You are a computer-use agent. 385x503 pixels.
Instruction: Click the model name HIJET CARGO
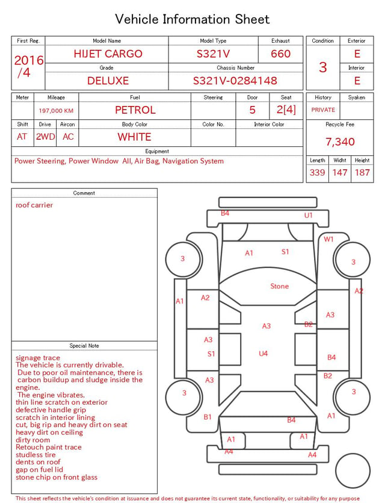coord(108,54)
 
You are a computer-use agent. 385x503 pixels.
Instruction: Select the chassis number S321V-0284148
coord(235,81)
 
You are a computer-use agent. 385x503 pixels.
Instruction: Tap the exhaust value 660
coord(280,54)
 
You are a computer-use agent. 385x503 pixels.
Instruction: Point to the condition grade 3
coord(323,67)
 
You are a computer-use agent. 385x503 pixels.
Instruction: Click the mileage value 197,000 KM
coord(56,111)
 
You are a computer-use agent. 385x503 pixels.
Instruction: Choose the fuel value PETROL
coord(135,110)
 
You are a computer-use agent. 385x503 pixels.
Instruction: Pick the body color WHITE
coord(134,137)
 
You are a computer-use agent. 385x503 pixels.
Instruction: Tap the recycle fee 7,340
coord(340,142)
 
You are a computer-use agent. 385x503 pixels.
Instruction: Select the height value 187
coord(362,172)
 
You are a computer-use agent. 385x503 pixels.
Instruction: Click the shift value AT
coord(22,137)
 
